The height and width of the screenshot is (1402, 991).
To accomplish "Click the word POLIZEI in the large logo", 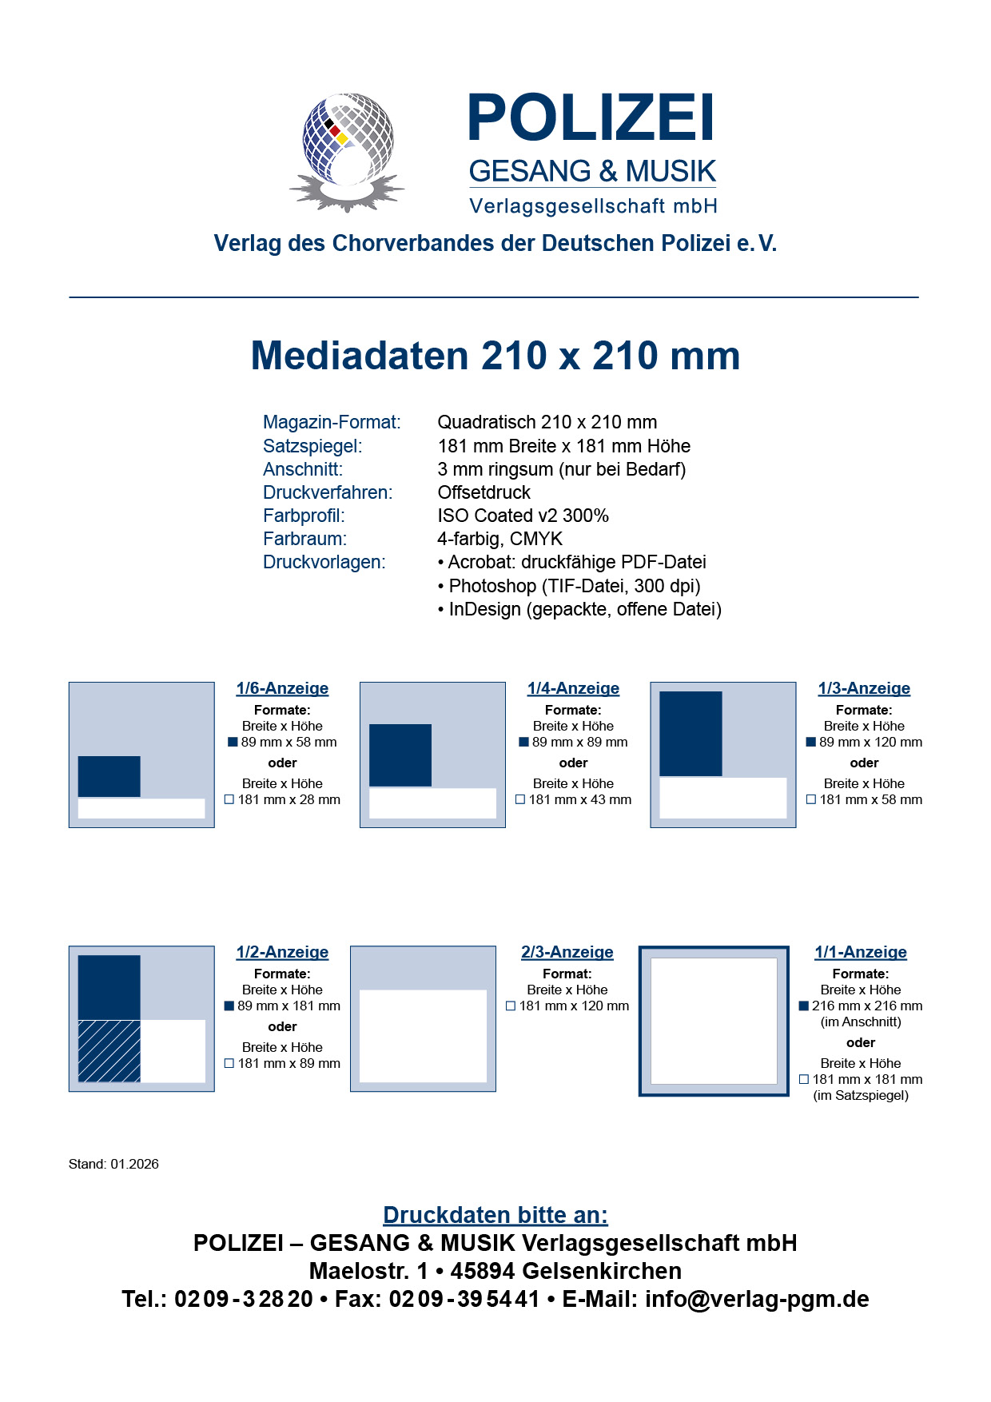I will tap(591, 118).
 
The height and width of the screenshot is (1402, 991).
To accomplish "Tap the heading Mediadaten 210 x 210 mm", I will tap(495, 356).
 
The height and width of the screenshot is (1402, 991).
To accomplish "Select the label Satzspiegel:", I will tap(312, 446).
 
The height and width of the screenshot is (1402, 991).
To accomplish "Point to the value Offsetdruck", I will tap(484, 492).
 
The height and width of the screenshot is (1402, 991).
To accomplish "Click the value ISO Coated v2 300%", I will tap(523, 516).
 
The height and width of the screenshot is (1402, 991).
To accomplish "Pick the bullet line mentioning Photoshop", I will tap(569, 586).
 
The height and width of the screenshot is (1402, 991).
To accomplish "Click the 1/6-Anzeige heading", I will tap(282, 688).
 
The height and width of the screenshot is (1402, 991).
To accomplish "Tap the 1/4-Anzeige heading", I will tap(573, 688).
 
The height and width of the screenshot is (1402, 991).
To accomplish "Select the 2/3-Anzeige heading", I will tap(567, 952).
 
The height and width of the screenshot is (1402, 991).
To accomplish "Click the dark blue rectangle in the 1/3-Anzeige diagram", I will tap(691, 734).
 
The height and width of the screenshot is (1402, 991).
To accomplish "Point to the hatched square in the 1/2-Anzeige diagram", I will tap(109, 1050).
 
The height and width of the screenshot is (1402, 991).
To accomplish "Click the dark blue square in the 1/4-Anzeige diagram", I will tap(400, 755).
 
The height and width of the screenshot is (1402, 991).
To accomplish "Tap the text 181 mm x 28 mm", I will tap(289, 799).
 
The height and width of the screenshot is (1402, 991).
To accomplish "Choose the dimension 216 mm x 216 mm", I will tap(866, 1006).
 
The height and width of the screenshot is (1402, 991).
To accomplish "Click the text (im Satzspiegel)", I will tap(861, 1095).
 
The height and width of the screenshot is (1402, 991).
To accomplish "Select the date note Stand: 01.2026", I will tap(113, 1164).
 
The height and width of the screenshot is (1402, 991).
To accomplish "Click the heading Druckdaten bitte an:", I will tap(495, 1215).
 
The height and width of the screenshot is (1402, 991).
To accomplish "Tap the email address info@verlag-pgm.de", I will tap(757, 1299).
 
